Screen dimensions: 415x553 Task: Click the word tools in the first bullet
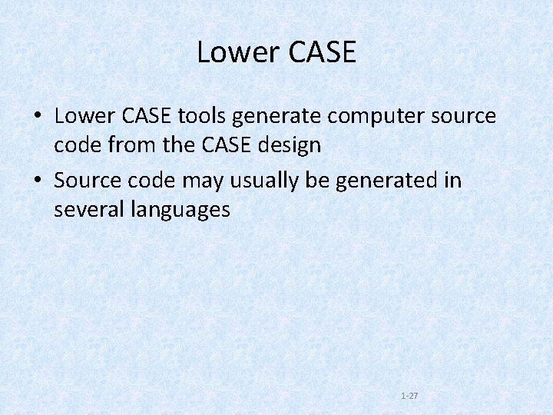point(202,117)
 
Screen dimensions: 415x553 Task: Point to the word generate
point(276,117)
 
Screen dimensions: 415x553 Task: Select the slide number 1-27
point(409,396)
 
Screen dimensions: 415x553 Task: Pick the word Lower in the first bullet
point(82,117)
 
